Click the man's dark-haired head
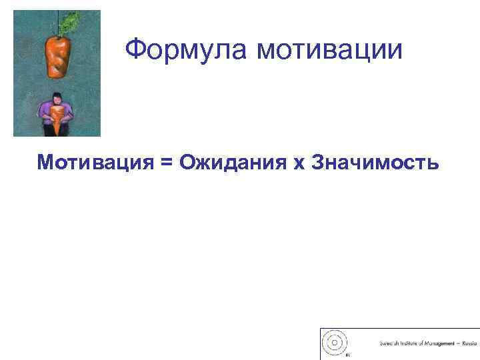56,96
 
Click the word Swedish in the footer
389,344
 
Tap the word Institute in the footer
411,344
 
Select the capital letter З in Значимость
318,162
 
